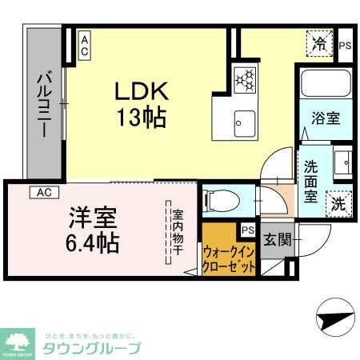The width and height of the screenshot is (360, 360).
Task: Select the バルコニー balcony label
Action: pos(45,104)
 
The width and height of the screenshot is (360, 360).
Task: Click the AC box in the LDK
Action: pos(84,44)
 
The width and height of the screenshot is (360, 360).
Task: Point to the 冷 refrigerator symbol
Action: pos(321,43)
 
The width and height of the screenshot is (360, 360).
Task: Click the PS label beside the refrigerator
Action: pos(345,45)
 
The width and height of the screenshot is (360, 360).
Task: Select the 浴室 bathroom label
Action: pos(325,118)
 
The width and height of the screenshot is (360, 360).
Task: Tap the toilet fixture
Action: pos(221,198)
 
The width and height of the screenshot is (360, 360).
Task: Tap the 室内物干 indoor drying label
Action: pos(178,232)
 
